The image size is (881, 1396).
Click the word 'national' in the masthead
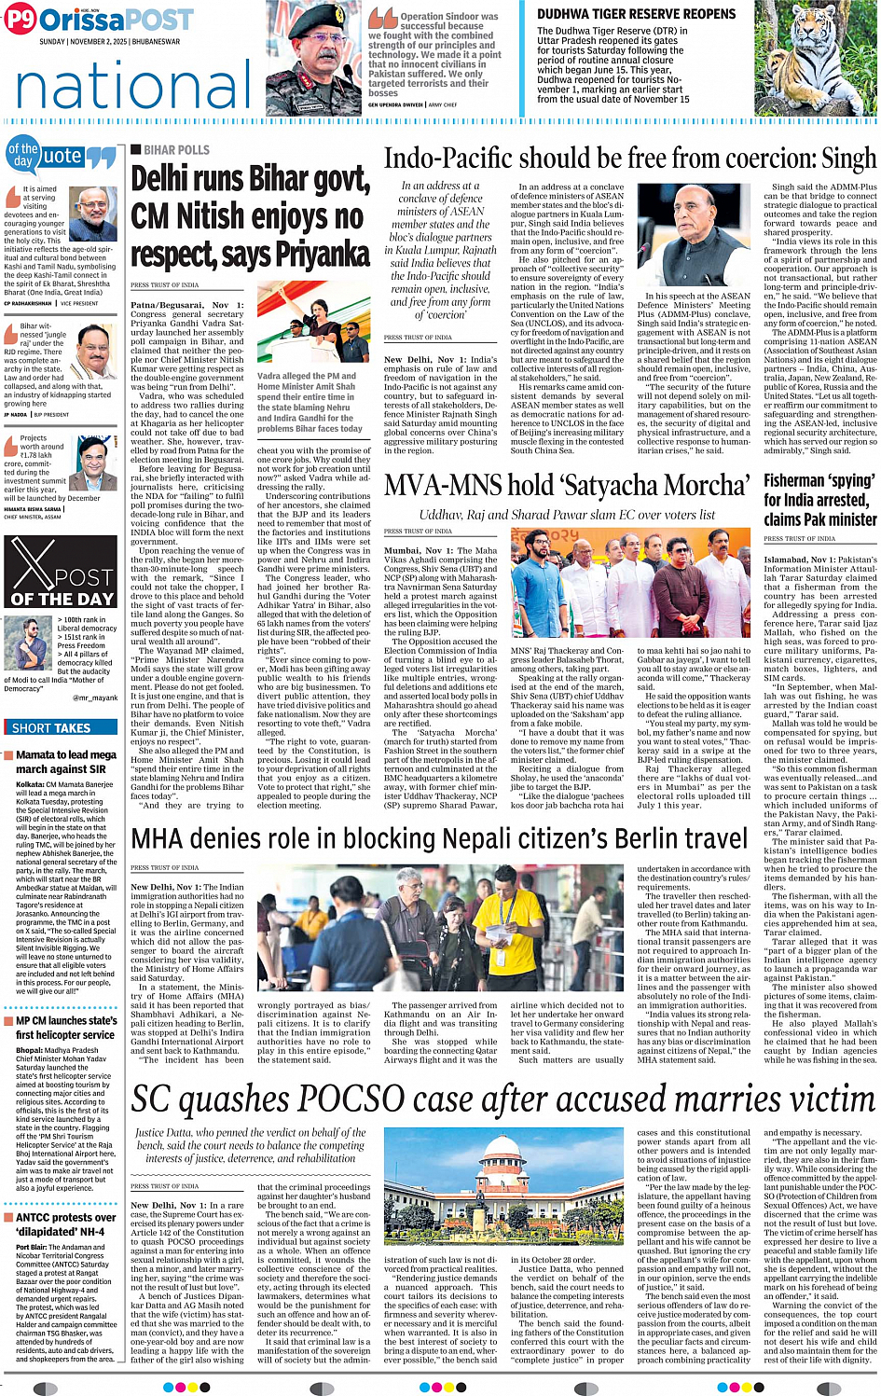tap(121, 85)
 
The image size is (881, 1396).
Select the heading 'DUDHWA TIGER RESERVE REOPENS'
tap(636, 14)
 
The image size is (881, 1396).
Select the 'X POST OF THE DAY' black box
tap(63, 574)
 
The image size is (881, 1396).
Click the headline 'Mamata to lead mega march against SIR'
tap(65, 762)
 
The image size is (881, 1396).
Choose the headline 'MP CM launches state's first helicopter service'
tap(65, 1028)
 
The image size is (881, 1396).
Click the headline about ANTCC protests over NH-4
tap(65, 1224)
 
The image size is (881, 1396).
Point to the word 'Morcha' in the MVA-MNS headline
tap(701, 486)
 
